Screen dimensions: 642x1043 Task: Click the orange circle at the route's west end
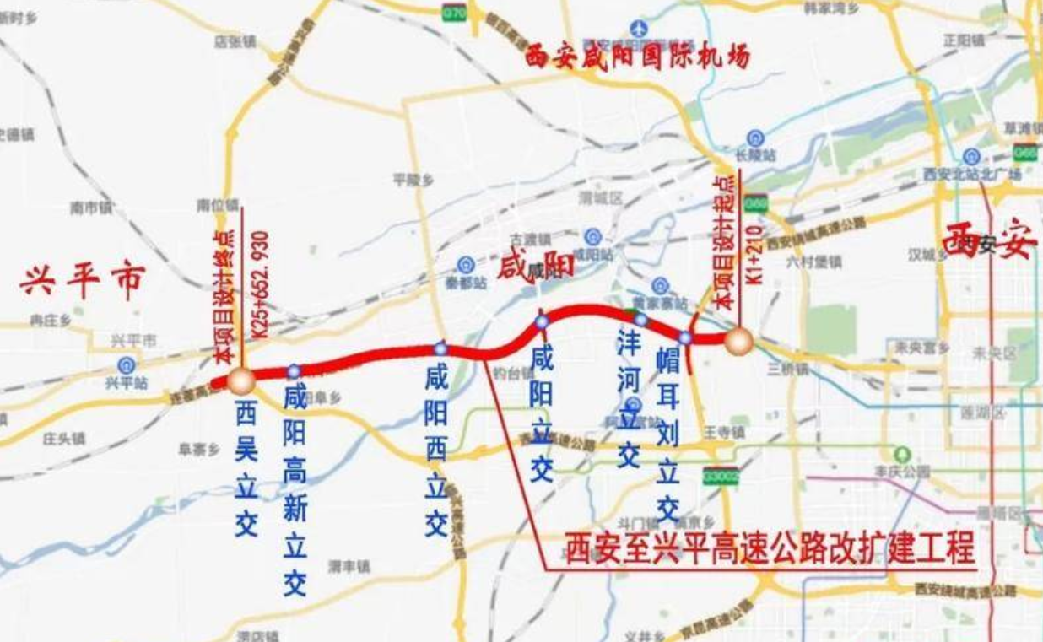(240, 380)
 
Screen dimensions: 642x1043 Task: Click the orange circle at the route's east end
(738, 341)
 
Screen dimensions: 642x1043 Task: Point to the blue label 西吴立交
(246, 469)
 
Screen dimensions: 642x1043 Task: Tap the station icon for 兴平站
(127, 364)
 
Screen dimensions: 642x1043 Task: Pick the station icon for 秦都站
(466, 265)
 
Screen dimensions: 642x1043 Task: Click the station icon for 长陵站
(754, 138)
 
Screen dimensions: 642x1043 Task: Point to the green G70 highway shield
(454, 12)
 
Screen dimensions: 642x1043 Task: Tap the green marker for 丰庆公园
(903, 453)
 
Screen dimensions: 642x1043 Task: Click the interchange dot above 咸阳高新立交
(294, 370)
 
